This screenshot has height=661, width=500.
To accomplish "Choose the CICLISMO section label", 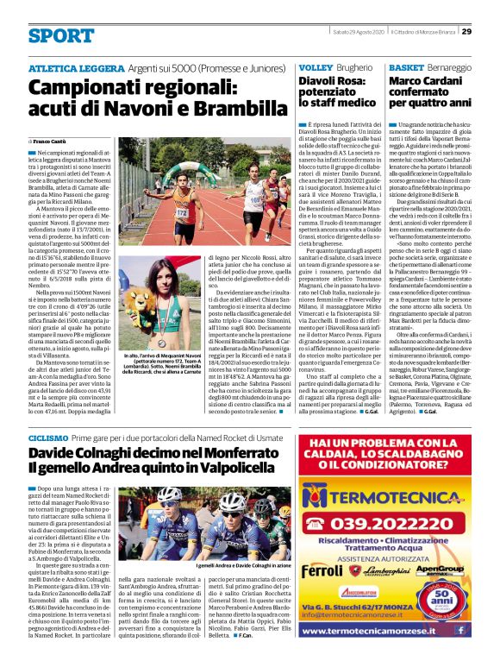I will point(51,438).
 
